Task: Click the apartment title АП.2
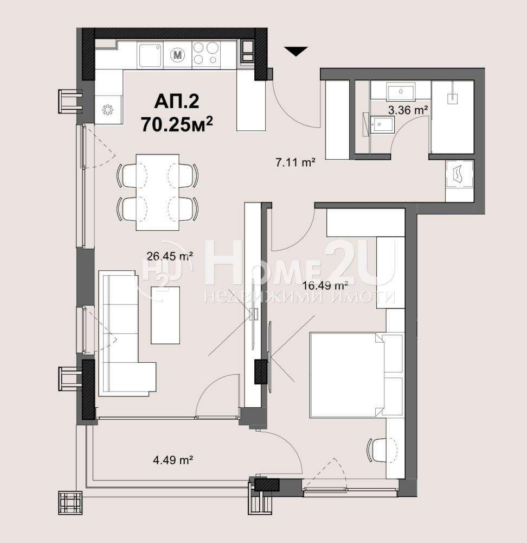pyautogui.click(x=176, y=102)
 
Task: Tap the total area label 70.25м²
pyautogui.click(x=177, y=124)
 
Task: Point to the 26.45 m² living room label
pyautogui.click(x=170, y=256)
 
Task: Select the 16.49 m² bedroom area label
pyautogui.click(x=325, y=286)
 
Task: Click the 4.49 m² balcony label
pyautogui.click(x=173, y=460)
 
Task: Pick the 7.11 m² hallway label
pyautogui.click(x=295, y=162)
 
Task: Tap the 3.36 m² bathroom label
pyautogui.click(x=408, y=110)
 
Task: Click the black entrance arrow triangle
pyautogui.click(x=296, y=51)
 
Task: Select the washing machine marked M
pyautogui.click(x=178, y=55)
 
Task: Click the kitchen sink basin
pyautogui.click(x=150, y=55)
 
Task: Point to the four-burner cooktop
pyautogui.click(x=205, y=53)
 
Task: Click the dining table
pyautogui.click(x=158, y=192)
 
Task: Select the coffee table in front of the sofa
pyautogui.click(x=165, y=315)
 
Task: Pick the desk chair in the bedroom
pyautogui.click(x=378, y=450)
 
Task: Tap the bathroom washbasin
pyautogui.click(x=401, y=91)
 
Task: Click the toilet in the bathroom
pyautogui.click(x=382, y=124)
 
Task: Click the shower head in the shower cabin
pyautogui.click(x=453, y=99)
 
